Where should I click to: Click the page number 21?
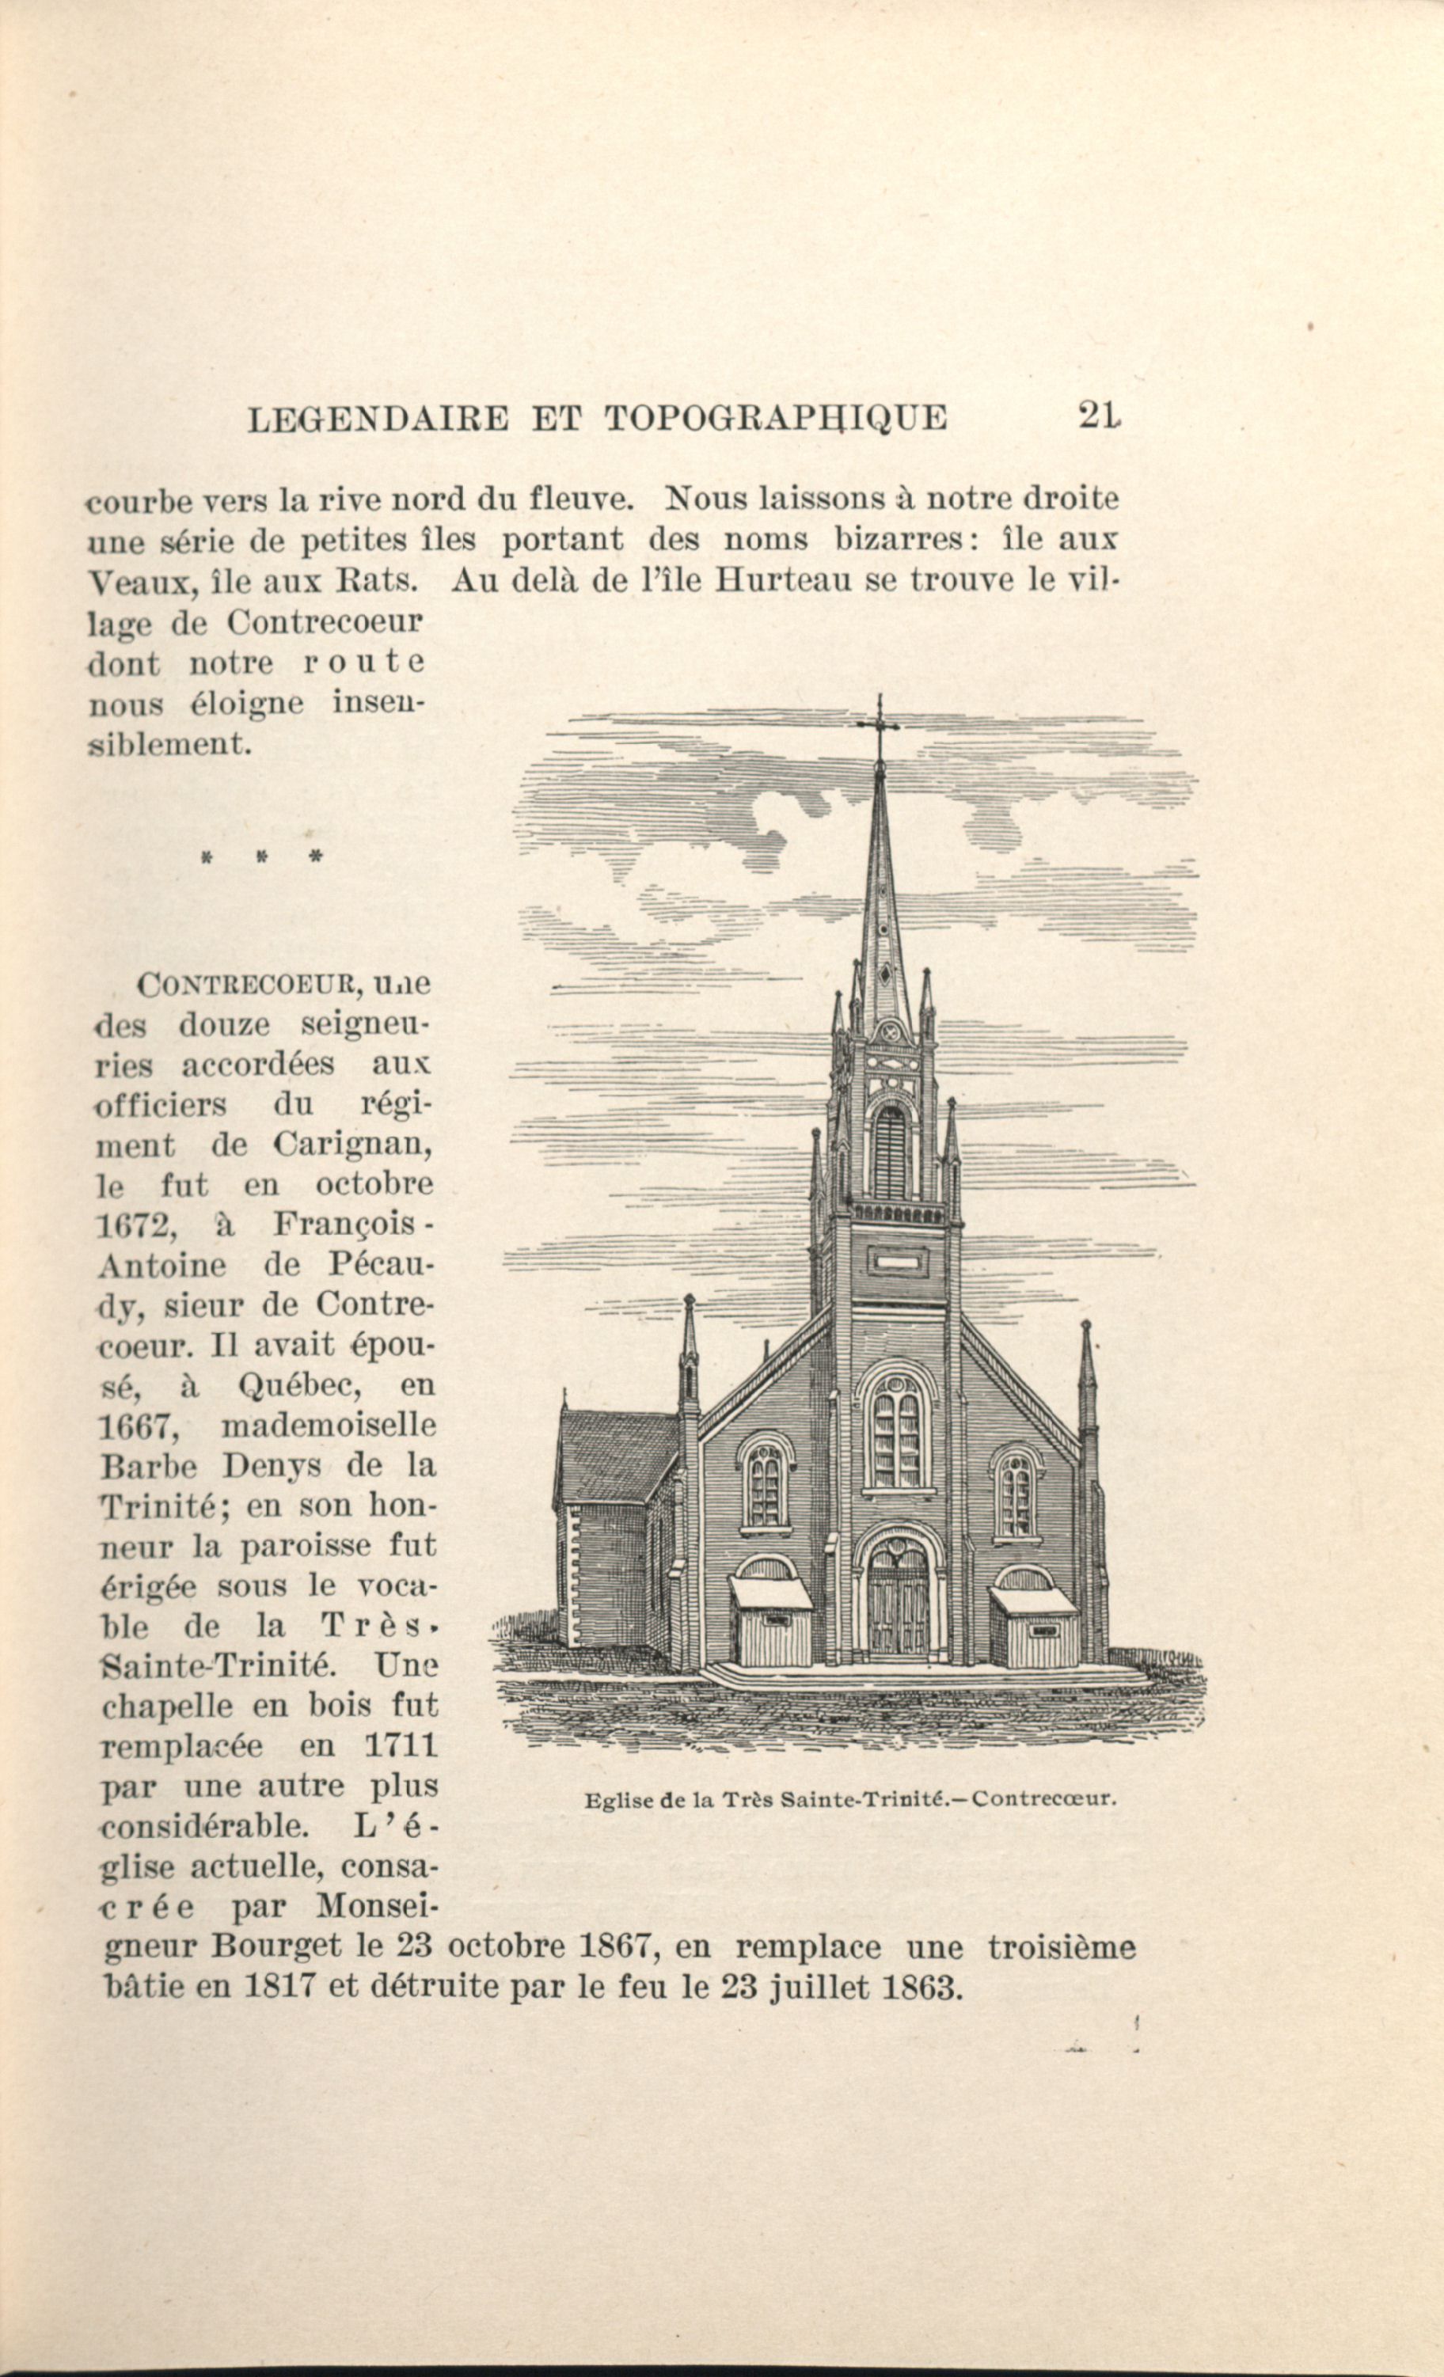(1100, 416)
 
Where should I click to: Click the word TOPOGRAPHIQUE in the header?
(776, 419)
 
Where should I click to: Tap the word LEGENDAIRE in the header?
(377, 420)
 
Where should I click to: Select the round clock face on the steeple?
(889, 1031)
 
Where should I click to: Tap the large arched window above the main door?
(896, 1437)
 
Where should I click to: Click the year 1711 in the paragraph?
(401, 1745)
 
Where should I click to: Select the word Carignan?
(351, 1145)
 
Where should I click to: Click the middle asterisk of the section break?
(260, 856)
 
